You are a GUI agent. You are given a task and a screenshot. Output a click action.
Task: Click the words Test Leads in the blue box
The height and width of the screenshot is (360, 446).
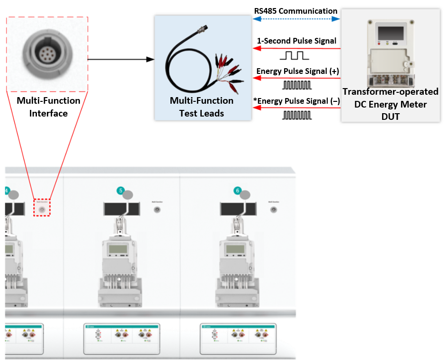[201, 113]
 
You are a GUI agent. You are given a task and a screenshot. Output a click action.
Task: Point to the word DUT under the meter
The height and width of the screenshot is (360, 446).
[390, 117]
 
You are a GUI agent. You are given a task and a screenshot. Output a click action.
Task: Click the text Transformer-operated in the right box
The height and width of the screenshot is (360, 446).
[390, 91]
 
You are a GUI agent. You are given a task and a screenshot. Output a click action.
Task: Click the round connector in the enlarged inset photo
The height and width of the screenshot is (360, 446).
[47, 53]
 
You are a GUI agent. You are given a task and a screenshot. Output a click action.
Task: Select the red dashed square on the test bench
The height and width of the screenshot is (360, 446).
[42, 207]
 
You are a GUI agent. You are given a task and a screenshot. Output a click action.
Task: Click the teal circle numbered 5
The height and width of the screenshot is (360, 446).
[121, 191]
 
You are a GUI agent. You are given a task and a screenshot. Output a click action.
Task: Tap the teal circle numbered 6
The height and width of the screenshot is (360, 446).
[238, 191]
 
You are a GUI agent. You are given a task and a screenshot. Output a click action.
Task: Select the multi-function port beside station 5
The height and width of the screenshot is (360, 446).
[157, 208]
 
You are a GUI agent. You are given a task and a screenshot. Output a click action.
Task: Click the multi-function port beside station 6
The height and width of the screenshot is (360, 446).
[274, 208]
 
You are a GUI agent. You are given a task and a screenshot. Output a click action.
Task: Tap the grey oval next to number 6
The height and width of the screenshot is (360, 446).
[245, 195]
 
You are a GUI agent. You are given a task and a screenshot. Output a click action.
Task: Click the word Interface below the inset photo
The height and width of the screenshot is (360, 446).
[48, 113]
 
